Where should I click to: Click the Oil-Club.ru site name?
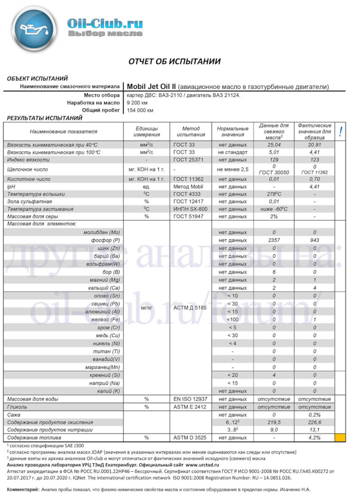[105, 22]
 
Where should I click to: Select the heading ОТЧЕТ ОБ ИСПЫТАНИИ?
[174, 61]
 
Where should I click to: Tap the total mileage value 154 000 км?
[140, 111]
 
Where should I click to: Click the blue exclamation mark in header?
[340, 132]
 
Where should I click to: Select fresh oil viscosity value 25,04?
[274, 145]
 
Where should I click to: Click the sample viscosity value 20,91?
[315, 145]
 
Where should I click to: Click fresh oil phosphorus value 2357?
[274, 240]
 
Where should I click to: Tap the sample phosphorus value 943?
[315, 240]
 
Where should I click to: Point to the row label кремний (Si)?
[105, 375]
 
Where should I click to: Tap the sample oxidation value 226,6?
[315, 422]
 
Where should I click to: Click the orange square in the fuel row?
[340, 438]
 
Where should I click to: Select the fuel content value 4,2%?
[315, 438]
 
